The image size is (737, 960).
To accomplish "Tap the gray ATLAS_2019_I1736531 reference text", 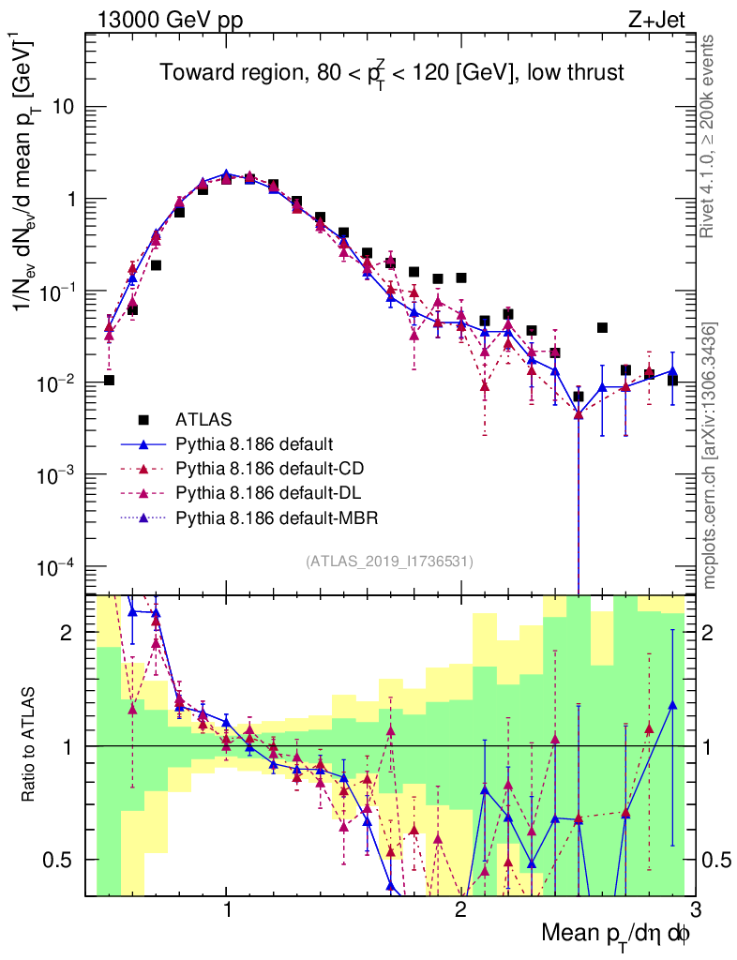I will [x=389, y=562].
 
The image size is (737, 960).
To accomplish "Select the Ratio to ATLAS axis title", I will [x=32, y=746].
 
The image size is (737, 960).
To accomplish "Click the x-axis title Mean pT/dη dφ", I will [x=617, y=934].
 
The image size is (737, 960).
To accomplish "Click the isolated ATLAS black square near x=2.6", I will [x=602, y=328].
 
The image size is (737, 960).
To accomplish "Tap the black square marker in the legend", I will [x=143, y=418].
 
